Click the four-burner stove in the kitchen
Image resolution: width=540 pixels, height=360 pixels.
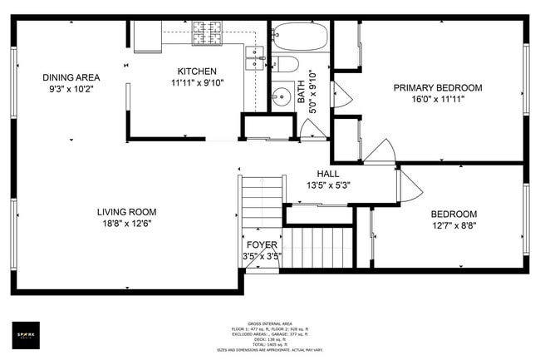(x=206, y=33)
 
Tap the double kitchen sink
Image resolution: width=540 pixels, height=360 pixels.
(x=253, y=57)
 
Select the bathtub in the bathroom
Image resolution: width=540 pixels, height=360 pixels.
(x=300, y=36)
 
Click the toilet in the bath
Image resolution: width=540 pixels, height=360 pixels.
(x=286, y=64)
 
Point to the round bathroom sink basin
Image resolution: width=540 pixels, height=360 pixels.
(x=282, y=94)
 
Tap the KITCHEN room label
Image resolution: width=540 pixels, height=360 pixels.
(x=197, y=72)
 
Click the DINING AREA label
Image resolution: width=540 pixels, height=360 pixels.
(x=71, y=77)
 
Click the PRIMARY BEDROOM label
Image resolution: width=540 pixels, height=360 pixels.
(x=437, y=87)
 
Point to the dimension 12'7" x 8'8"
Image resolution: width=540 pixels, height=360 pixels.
(x=454, y=225)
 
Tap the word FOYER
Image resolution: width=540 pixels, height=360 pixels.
(x=262, y=244)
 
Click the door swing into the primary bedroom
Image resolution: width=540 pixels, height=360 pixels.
(x=380, y=151)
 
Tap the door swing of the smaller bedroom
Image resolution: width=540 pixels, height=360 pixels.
(x=410, y=186)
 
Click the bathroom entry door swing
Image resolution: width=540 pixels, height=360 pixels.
(x=312, y=129)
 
